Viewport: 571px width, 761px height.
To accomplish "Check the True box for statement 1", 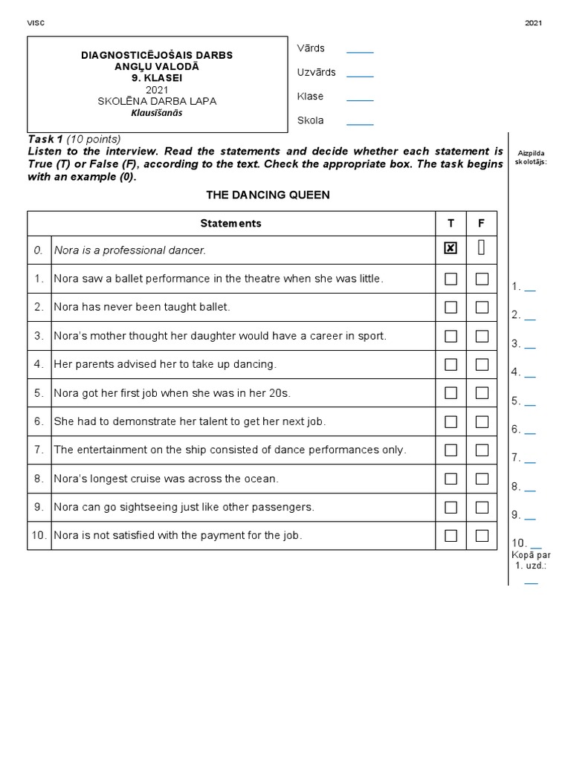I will pos(451,279).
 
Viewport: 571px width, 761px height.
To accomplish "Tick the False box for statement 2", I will pos(482,307).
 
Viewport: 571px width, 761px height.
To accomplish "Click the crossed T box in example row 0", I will pos(451,249).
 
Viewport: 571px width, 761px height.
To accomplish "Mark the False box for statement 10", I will pos(482,535).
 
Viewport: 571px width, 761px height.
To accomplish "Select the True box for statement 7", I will pos(451,450).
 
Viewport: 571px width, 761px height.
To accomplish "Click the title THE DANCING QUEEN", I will pos(267,195).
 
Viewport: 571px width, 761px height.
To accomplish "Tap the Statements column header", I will pos(230,223).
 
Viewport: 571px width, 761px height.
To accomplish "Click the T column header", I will pos(451,223).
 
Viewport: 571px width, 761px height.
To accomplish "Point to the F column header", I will pos(482,223).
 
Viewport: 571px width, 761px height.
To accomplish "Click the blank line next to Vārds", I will pos(360,51).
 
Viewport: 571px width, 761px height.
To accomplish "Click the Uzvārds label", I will pos(316,73).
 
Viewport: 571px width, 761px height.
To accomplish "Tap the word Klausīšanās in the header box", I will pos(157,113).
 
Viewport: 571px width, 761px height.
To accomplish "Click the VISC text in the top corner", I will pos(36,23).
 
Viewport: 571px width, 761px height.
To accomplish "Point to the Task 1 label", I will pos(45,139).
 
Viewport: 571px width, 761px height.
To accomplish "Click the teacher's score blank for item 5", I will pos(530,404).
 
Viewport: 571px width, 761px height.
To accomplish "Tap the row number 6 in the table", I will pos(39,421).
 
